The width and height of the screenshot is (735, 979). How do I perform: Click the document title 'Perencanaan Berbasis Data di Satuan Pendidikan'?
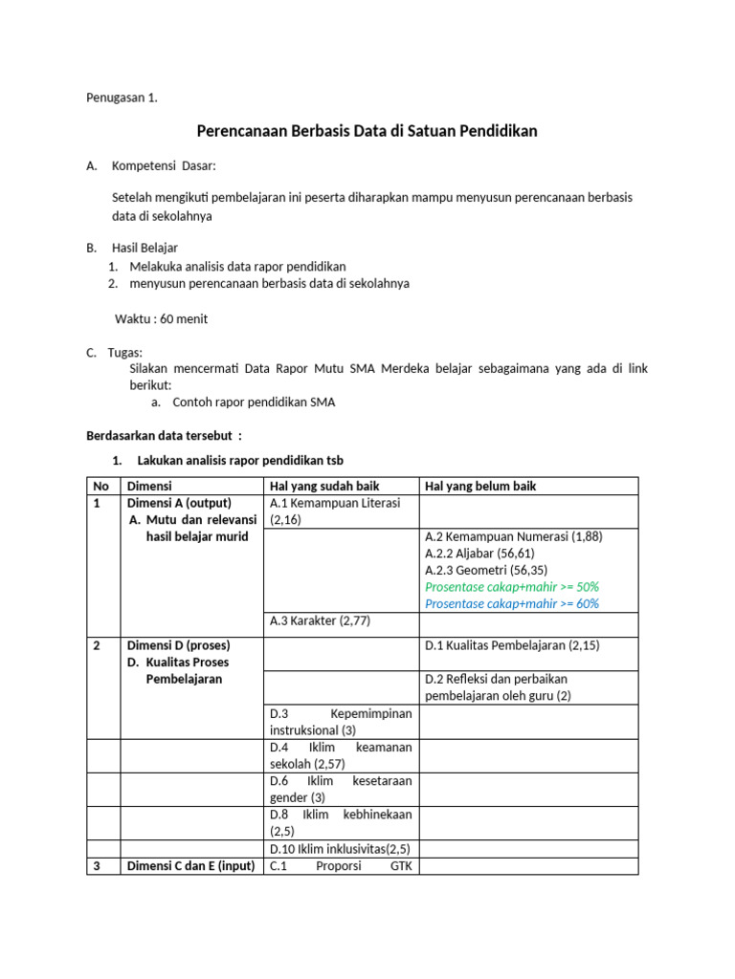(367, 131)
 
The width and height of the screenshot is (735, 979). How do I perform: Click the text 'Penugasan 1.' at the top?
(122, 98)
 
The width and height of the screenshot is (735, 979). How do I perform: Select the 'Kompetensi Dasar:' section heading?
(164, 165)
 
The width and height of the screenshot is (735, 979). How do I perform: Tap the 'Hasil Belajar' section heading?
(145, 248)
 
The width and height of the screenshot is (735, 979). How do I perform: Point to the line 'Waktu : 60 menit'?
(161, 318)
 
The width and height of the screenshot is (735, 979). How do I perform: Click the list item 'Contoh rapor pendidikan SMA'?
(254, 402)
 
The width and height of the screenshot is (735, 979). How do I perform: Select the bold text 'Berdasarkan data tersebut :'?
(165, 435)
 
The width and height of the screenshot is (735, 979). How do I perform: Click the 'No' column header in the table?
(100, 486)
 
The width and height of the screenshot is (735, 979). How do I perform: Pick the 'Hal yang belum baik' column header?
(480, 486)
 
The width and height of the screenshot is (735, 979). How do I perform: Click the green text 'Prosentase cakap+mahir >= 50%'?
(512, 586)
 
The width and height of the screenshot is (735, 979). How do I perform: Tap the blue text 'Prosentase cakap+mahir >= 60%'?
(512, 603)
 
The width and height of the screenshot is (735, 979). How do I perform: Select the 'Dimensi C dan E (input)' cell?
(190, 866)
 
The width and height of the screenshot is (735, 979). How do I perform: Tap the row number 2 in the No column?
(98, 645)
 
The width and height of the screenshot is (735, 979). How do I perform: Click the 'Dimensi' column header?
(149, 486)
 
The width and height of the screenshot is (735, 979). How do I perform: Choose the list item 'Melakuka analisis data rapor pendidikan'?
(237, 266)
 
